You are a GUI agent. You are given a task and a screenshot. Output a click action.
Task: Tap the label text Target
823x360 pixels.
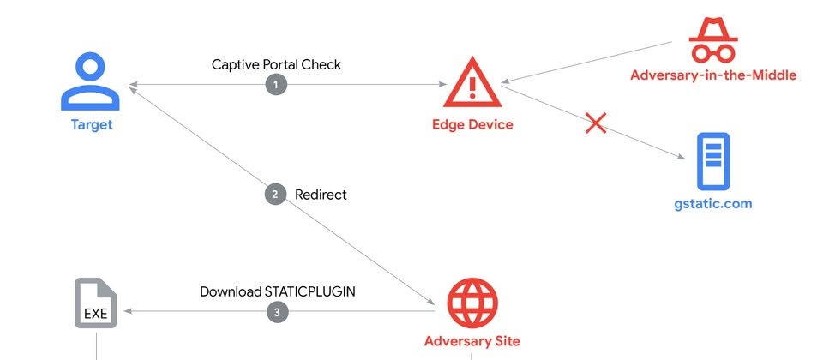(x=92, y=125)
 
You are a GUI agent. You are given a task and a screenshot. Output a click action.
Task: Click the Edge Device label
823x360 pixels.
(x=472, y=124)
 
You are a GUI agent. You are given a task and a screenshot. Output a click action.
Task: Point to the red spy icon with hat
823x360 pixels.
(x=712, y=39)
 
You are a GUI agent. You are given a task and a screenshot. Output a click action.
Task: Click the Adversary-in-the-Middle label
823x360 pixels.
(x=713, y=75)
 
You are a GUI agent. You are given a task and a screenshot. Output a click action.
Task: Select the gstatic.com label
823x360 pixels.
(x=712, y=204)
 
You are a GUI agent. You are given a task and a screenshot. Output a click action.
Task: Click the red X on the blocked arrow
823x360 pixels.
(x=596, y=123)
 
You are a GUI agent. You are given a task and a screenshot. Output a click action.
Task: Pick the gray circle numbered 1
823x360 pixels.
(x=276, y=84)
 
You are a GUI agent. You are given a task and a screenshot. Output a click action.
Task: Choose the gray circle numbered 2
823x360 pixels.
(x=274, y=195)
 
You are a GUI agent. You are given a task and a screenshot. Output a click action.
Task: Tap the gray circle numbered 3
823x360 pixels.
(x=276, y=313)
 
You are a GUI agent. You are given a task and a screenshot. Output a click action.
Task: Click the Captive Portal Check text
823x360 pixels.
(x=276, y=64)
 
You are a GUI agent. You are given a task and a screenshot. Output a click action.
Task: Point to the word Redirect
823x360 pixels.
(x=321, y=195)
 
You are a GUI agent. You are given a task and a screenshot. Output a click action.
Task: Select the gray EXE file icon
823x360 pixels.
(x=95, y=304)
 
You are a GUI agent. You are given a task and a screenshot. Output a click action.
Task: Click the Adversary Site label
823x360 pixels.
(x=472, y=341)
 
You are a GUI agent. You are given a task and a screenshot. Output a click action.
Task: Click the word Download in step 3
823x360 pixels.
(x=230, y=291)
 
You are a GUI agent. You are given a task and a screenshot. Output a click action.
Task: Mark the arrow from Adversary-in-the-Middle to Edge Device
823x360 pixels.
(x=592, y=62)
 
